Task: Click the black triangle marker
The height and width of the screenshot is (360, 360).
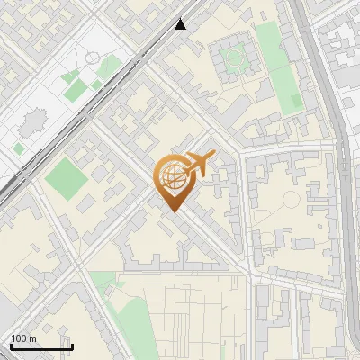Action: [x=182, y=24]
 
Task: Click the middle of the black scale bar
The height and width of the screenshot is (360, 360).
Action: [x=41, y=346]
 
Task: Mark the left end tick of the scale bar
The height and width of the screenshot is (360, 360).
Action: [x=11, y=345]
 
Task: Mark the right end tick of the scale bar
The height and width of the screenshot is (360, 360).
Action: [x=72, y=345]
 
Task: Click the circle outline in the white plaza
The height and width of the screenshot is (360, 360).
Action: [x=93, y=58]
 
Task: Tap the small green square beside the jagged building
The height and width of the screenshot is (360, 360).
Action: [x=18, y=148]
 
